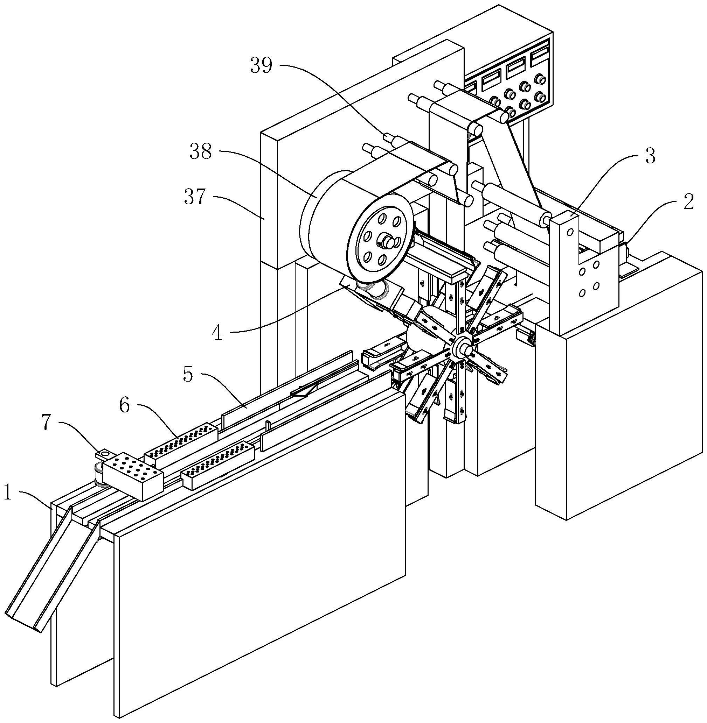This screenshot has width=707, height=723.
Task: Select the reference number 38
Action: click(201, 151)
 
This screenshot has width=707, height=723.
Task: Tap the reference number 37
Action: click(195, 197)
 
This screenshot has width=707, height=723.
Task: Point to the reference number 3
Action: click(650, 156)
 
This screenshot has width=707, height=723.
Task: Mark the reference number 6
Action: click(124, 405)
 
